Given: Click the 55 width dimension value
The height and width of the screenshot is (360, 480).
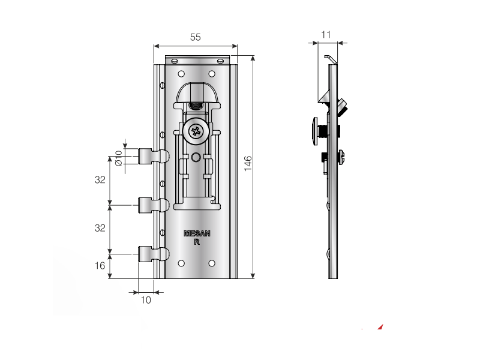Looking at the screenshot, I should pyautogui.click(x=196, y=37).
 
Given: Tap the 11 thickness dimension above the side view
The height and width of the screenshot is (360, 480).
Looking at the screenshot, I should pyautogui.click(x=326, y=35).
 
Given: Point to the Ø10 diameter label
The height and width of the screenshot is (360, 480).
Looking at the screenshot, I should pyautogui.click(x=118, y=157).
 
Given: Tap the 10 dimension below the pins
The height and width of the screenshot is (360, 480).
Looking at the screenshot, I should pyautogui.click(x=146, y=300).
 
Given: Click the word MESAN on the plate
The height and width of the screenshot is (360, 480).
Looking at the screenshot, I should pyautogui.click(x=196, y=235).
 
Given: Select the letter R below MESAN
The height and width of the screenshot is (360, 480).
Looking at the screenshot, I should pyautogui.click(x=197, y=242).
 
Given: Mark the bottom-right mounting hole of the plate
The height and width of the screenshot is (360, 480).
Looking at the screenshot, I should pyautogui.click(x=212, y=262).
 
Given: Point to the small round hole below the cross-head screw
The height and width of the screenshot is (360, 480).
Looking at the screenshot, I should pyautogui.click(x=196, y=158).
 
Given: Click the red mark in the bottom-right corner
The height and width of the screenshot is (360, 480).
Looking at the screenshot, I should pyautogui.click(x=379, y=328).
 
